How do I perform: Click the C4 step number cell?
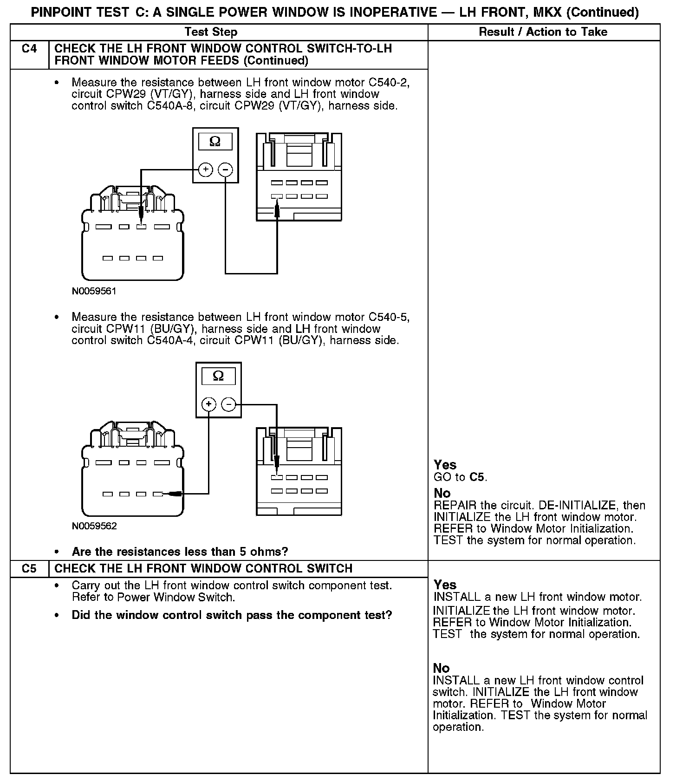point(29,49)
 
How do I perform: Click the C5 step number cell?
point(29,568)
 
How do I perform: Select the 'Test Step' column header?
point(211,32)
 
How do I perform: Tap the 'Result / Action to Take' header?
point(543,32)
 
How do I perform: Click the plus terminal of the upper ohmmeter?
point(205,170)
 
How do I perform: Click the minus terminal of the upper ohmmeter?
point(225,170)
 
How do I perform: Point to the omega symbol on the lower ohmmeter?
point(218,376)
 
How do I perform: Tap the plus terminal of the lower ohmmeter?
point(209,404)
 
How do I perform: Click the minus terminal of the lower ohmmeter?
point(228,404)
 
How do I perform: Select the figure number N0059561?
point(94,292)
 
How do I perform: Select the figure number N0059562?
point(94,526)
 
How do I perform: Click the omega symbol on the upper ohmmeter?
point(215,141)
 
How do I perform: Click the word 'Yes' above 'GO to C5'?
point(445,465)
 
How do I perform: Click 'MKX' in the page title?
point(547,12)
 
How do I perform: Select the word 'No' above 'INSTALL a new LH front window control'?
point(441,668)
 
